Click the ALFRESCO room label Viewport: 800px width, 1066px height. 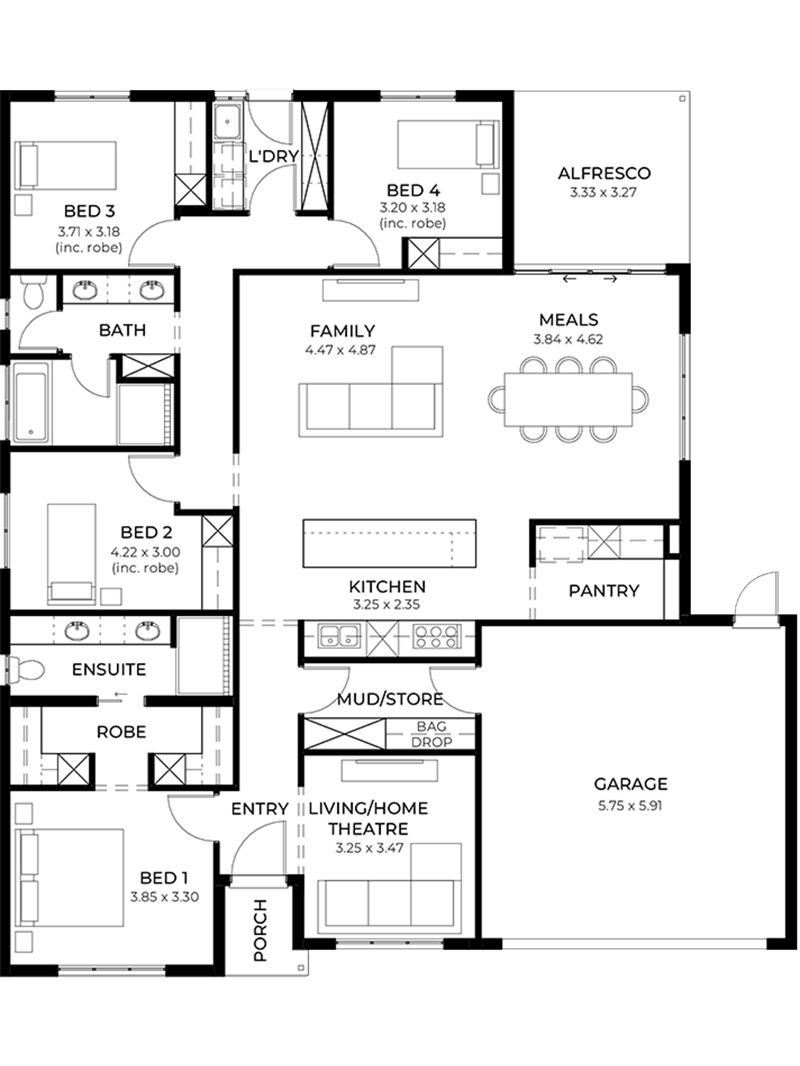(x=604, y=173)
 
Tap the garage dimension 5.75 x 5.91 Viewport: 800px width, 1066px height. (x=630, y=807)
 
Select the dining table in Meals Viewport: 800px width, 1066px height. (x=568, y=400)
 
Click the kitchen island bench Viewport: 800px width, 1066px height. (x=389, y=543)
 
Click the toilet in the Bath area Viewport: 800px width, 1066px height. (x=33, y=291)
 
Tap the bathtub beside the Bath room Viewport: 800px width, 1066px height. (x=31, y=402)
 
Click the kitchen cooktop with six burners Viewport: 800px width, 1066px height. (x=436, y=636)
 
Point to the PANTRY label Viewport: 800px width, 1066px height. (x=604, y=590)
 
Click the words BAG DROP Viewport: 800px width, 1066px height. (x=431, y=734)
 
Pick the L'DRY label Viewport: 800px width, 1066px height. (x=273, y=157)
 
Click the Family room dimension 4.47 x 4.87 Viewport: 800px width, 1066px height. (x=341, y=350)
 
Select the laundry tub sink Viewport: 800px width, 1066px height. (x=227, y=121)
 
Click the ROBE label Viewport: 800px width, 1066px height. (x=121, y=732)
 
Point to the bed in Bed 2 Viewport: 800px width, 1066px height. (x=71, y=554)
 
